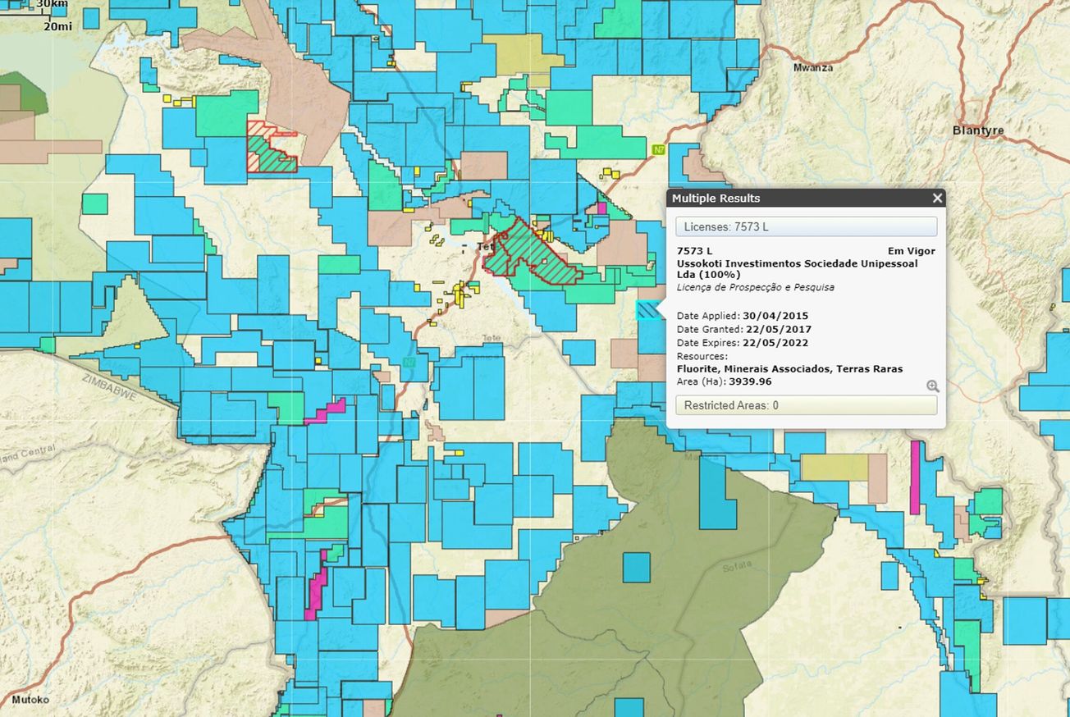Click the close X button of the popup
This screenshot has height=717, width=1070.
pyautogui.click(x=937, y=198)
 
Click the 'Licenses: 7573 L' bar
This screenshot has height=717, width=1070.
pyautogui.click(x=806, y=226)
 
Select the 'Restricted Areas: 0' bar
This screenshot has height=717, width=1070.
pyautogui.click(x=806, y=405)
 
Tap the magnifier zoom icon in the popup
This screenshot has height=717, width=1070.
pyautogui.click(x=932, y=386)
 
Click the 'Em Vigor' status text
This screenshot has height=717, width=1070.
pyautogui.click(x=911, y=251)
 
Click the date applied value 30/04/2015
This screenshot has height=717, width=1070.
pyautogui.click(x=775, y=316)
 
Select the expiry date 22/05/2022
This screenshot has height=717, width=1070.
pyautogui.click(x=775, y=343)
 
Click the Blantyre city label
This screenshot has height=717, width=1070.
pyautogui.click(x=978, y=130)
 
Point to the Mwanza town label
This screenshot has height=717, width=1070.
pyautogui.click(x=812, y=68)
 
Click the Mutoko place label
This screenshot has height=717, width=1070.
pyautogui.click(x=30, y=700)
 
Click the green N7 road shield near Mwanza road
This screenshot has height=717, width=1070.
pyautogui.click(x=658, y=150)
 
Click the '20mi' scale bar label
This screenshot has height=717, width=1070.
pyautogui.click(x=57, y=26)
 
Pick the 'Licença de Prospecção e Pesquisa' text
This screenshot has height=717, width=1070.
pyautogui.click(x=755, y=288)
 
